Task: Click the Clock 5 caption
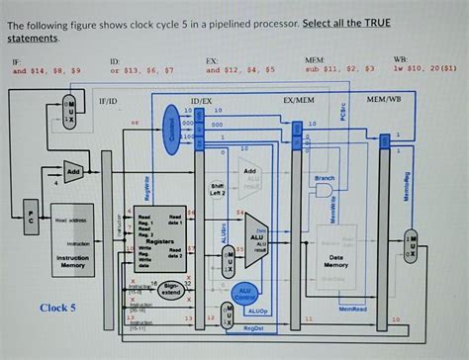click(x=57, y=308)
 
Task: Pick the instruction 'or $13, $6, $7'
click(x=142, y=71)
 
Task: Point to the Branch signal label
click(x=324, y=177)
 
